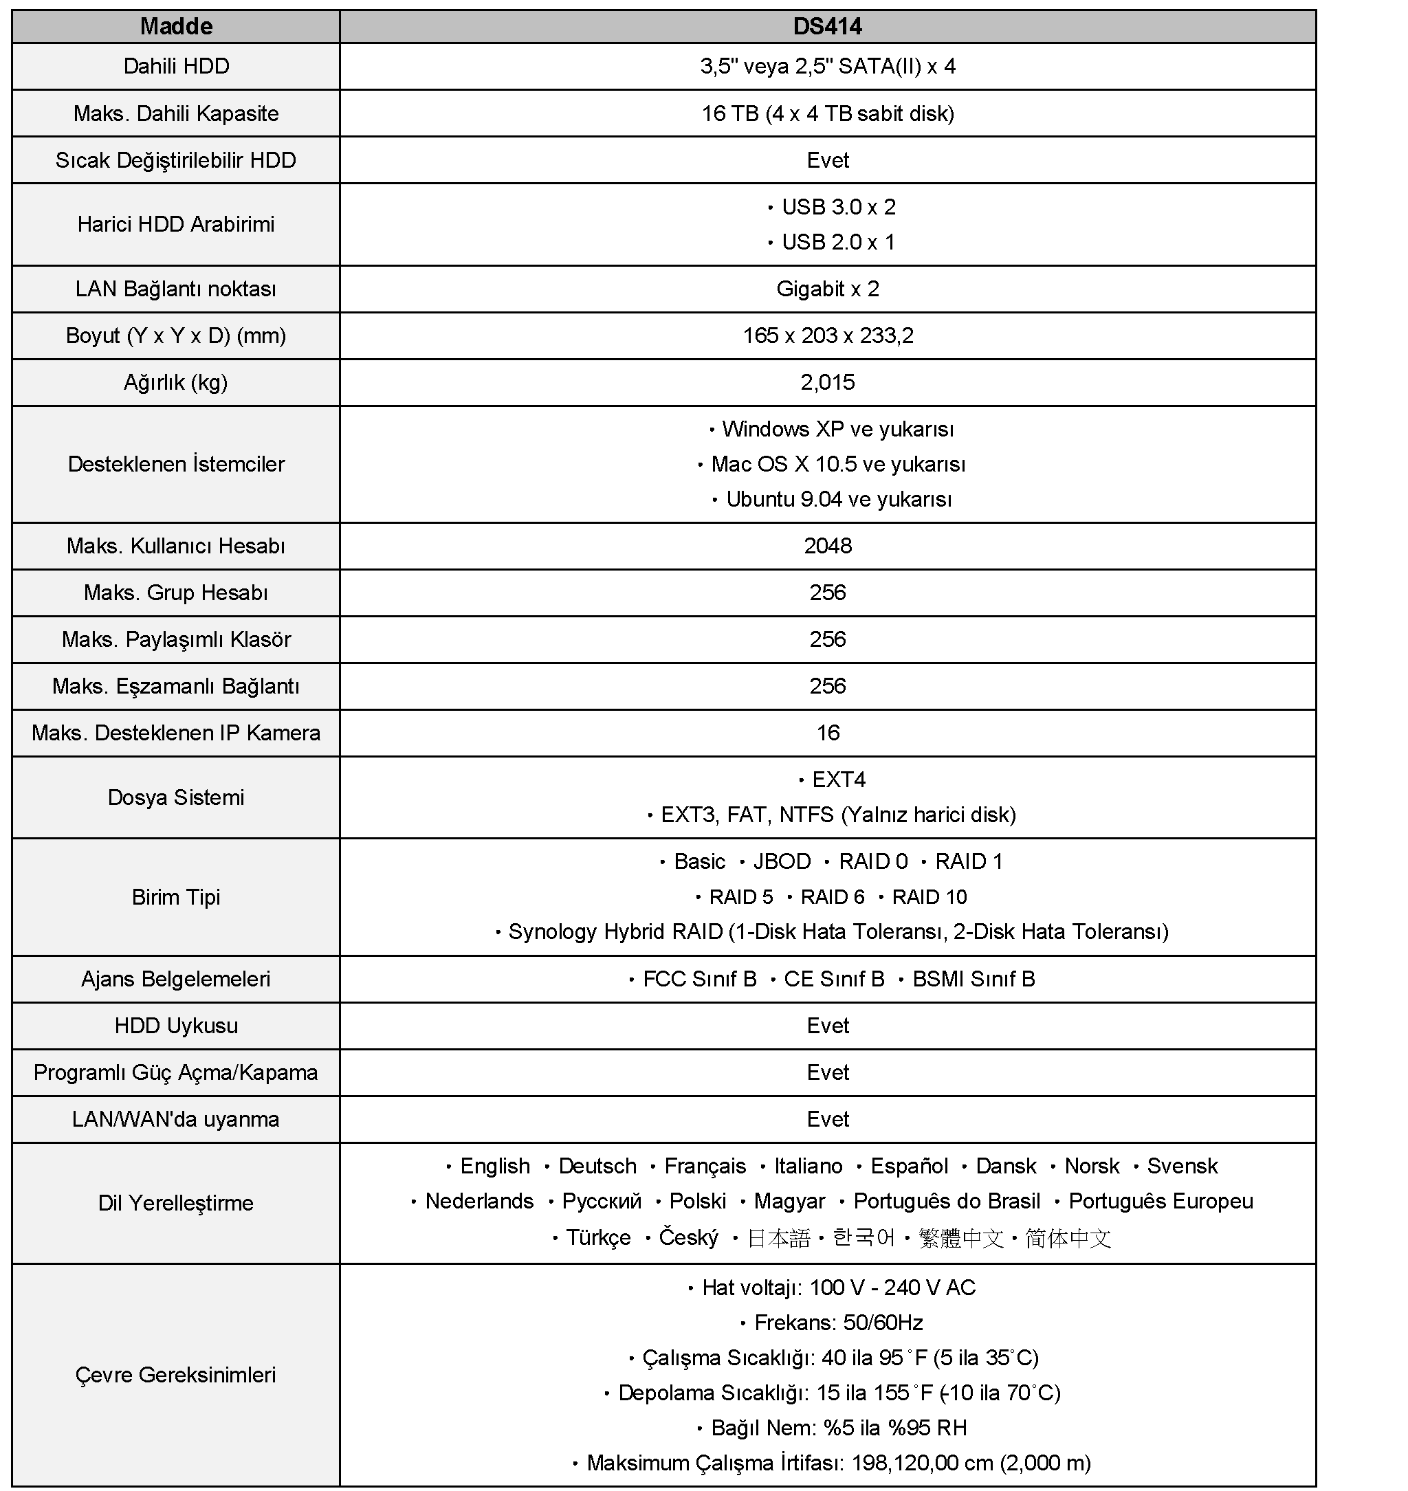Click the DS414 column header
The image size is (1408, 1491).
[x=827, y=26]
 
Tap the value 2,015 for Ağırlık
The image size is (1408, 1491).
[x=827, y=382]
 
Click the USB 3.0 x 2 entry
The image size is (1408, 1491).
[x=838, y=206]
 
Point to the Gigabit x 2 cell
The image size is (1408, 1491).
[x=827, y=289]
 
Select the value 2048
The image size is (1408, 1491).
[x=827, y=546]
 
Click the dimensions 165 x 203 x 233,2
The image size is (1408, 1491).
[x=827, y=335]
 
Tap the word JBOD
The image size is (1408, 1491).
[x=782, y=861]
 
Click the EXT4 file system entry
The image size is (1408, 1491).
[x=838, y=780]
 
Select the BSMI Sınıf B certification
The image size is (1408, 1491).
[x=973, y=980]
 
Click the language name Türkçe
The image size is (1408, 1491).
[x=598, y=1237]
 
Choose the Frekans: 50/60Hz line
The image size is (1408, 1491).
[x=838, y=1323]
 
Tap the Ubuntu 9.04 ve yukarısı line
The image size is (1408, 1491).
[x=838, y=499]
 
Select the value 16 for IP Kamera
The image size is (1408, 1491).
[x=827, y=732]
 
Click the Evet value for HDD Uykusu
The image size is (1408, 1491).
[x=827, y=1026]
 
